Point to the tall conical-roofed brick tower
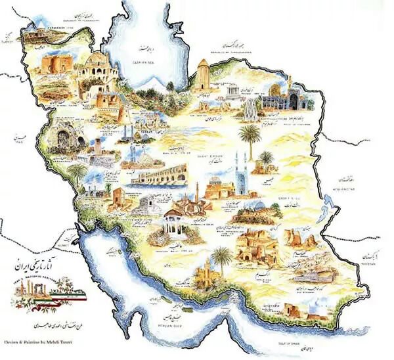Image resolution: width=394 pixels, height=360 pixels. pos(202,76)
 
